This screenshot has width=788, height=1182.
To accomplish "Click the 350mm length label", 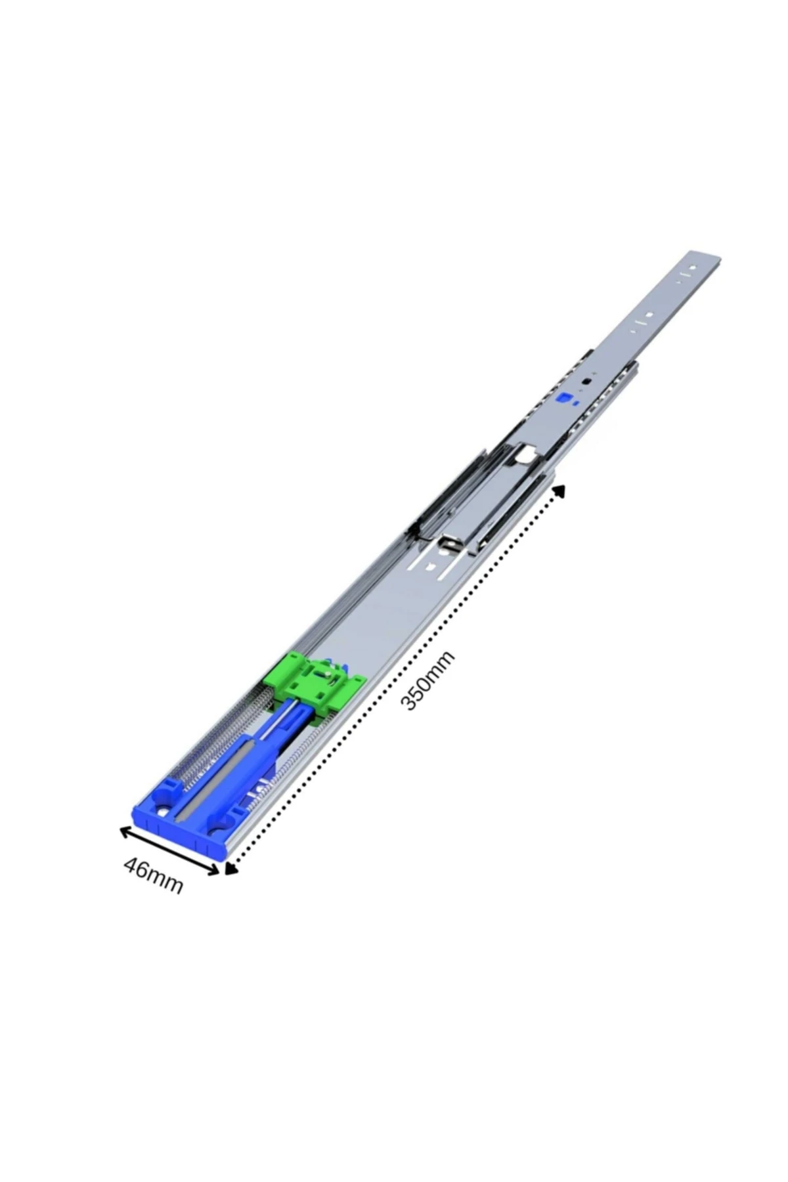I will point(427,681).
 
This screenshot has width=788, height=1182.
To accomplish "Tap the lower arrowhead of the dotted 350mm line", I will point(230,869).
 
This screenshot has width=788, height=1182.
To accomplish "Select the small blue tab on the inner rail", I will point(563,399).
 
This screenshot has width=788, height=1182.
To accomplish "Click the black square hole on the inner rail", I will point(586,380).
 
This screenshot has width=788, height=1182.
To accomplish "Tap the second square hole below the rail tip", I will point(648,315).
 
